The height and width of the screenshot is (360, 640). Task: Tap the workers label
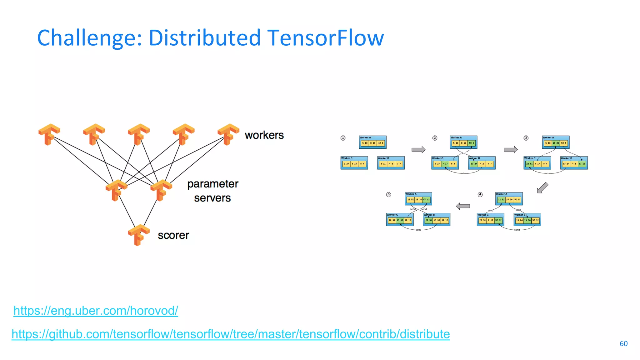264,135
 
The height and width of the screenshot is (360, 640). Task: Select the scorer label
173,235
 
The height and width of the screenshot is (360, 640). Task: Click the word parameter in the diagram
212,184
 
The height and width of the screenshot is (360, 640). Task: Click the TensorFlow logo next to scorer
138,235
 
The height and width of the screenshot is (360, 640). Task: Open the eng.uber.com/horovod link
96,311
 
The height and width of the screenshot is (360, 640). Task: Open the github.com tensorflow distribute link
231,334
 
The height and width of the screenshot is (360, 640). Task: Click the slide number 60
623,344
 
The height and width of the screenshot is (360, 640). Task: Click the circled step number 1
343,138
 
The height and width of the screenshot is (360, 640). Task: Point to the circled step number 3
526,138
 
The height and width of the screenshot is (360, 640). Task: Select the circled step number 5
388,194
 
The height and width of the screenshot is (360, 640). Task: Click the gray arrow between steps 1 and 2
418,150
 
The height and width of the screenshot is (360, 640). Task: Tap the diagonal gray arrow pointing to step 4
542,188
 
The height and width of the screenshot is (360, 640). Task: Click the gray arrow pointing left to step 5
463,206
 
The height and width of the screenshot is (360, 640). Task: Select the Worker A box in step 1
372,142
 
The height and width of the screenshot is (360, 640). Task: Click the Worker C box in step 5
400,219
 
